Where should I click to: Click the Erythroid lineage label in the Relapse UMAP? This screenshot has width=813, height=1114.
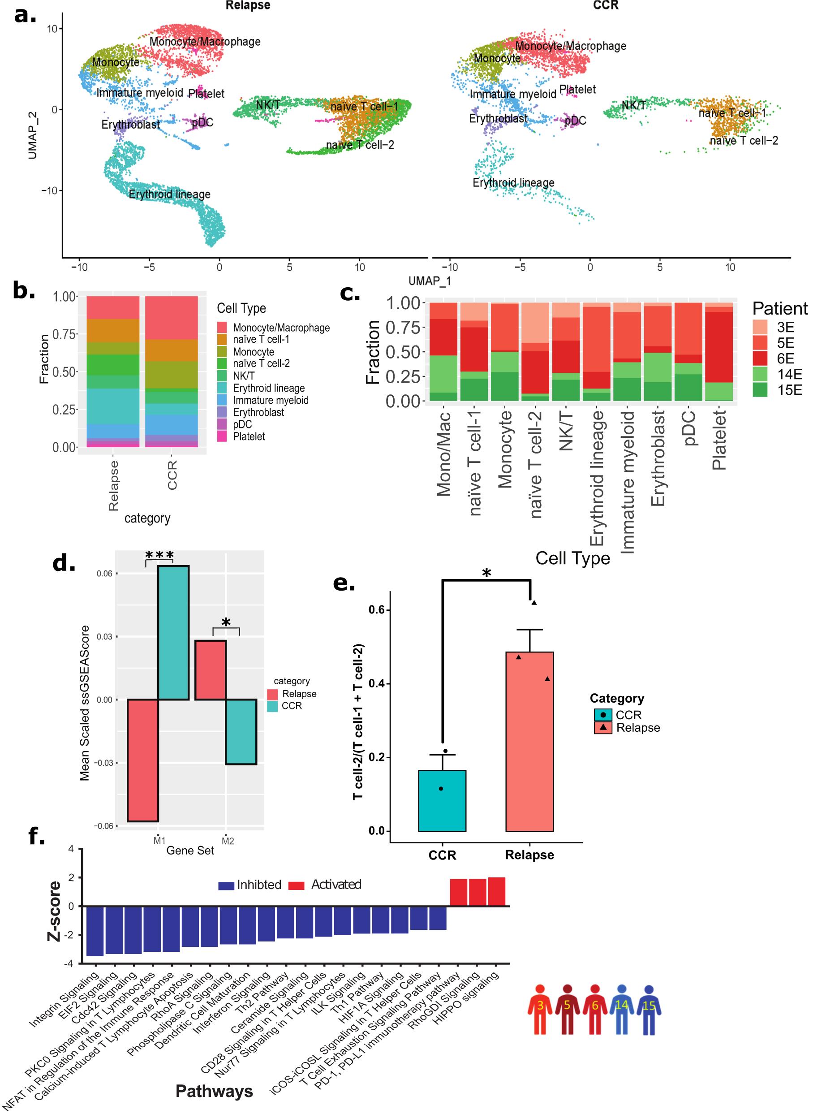[x=169, y=194]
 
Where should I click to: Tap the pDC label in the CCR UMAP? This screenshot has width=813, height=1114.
[x=575, y=121]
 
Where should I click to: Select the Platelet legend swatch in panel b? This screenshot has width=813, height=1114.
[x=222, y=436]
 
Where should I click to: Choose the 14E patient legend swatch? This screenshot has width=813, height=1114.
[x=760, y=374]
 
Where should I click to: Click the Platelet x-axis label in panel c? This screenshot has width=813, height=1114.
[x=719, y=440]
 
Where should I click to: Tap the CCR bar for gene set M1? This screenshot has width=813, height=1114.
[x=173, y=633]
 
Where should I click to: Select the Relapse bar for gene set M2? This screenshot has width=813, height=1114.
[x=210, y=669]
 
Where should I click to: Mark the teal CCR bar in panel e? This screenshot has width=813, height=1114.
[x=442, y=800]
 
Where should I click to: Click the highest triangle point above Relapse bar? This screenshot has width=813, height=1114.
[x=534, y=603]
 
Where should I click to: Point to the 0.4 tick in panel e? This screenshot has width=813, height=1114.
[x=378, y=683]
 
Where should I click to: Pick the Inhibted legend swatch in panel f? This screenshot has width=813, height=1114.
[x=226, y=885]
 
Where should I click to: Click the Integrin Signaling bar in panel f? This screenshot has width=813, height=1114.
[x=95, y=931]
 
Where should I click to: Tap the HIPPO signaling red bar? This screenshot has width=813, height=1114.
[x=496, y=891]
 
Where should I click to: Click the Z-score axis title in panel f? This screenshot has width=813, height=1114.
[x=54, y=911]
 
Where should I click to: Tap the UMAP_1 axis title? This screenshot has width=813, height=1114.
[x=429, y=281]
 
